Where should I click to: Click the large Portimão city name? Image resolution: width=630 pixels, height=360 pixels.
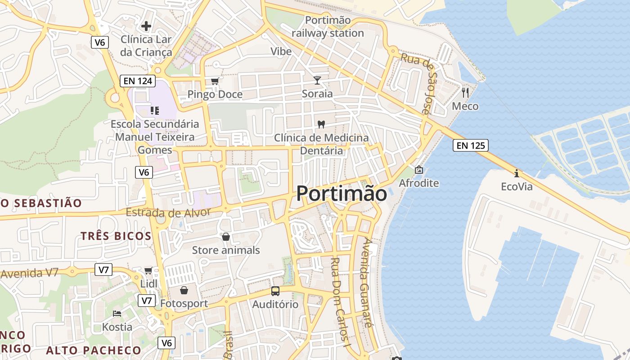(x=342, y=194)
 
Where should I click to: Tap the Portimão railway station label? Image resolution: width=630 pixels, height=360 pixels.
(x=328, y=27)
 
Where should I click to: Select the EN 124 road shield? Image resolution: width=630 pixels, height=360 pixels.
(x=138, y=81)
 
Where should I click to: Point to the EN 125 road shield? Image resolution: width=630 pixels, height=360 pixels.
(x=471, y=145)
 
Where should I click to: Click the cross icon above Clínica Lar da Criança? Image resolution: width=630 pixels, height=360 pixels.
(x=146, y=26)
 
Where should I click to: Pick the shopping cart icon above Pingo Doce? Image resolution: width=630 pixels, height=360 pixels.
(x=215, y=81)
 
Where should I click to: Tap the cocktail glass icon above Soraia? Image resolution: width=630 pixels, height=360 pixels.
(x=317, y=81)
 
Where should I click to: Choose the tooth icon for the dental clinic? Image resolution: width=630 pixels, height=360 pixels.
(x=321, y=124)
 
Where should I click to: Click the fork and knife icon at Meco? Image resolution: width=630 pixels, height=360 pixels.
(x=465, y=93)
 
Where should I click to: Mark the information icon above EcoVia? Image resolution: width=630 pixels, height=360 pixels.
(x=517, y=173)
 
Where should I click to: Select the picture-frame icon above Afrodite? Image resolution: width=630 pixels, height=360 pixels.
(x=419, y=170)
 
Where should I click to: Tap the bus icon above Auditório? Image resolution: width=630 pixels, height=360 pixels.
(x=275, y=291)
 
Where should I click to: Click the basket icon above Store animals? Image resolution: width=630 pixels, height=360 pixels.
(x=226, y=237)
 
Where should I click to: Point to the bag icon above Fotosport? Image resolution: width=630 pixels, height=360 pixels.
(x=184, y=290)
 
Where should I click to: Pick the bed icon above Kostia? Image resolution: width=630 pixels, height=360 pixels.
(x=117, y=314)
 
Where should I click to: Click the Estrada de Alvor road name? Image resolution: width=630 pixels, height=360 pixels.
(x=168, y=212)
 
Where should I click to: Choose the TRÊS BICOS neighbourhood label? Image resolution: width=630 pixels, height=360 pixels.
(x=116, y=236)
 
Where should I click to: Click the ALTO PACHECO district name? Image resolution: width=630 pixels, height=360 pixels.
(x=94, y=350)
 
